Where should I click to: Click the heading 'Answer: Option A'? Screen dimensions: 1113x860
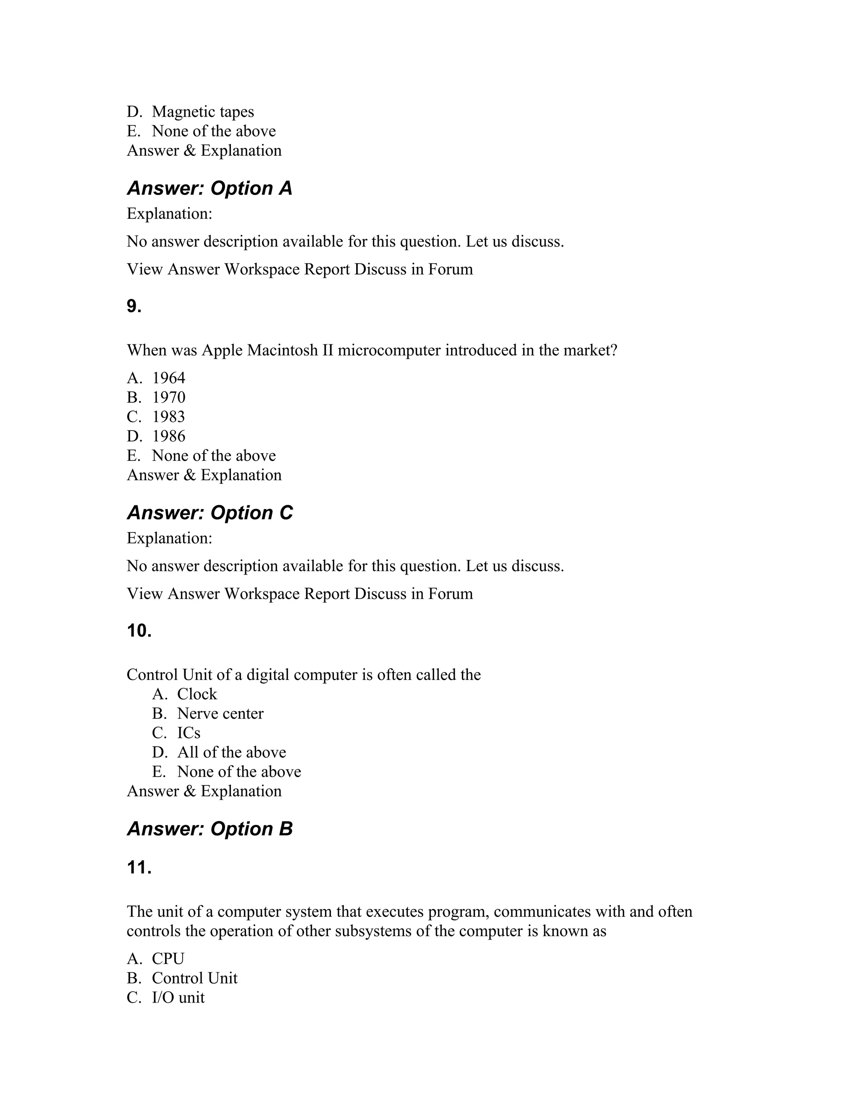click(210, 189)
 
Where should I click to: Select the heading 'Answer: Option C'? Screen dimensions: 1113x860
click(210, 513)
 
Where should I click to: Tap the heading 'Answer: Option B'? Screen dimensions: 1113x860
click(210, 829)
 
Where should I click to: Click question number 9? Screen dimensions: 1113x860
click(134, 306)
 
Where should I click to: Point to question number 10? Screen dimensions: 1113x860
click(139, 631)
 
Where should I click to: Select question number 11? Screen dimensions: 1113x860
click(139, 867)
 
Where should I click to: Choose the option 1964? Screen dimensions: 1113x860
click(169, 378)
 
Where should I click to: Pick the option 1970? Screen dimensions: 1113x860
click(169, 397)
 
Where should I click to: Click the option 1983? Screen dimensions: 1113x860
click(169, 417)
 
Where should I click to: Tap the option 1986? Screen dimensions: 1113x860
click(169, 436)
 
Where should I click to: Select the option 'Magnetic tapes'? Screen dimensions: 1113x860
click(203, 112)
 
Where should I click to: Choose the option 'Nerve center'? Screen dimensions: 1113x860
click(220, 714)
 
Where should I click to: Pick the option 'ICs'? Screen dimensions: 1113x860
click(189, 733)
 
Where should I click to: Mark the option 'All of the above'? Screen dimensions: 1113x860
click(231, 752)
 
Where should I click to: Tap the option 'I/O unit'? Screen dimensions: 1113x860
click(178, 997)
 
